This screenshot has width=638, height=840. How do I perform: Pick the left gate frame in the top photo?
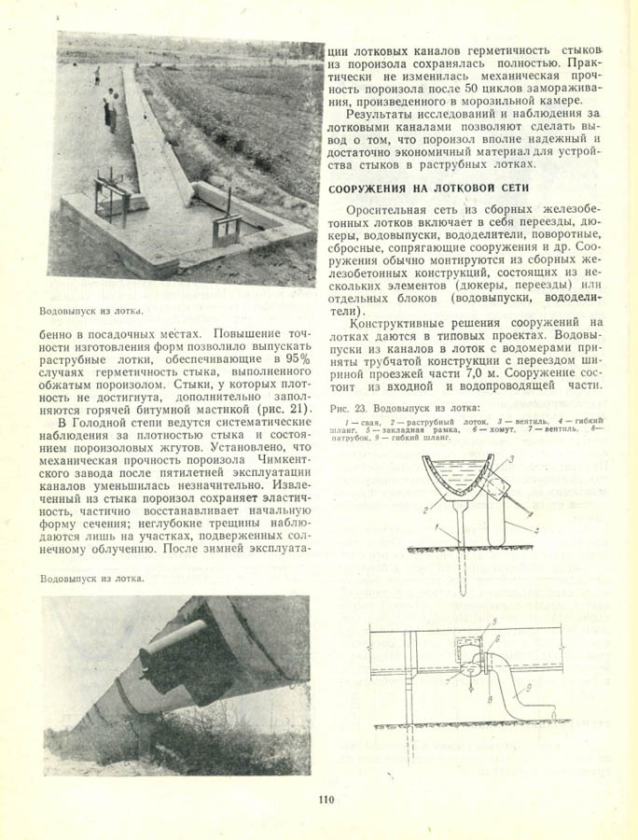coord(110,196)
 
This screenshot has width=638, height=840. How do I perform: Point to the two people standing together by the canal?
coord(110,107)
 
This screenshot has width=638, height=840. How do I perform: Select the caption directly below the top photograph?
coord(92,310)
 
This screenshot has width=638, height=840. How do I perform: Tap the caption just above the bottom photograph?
coord(92,579)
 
